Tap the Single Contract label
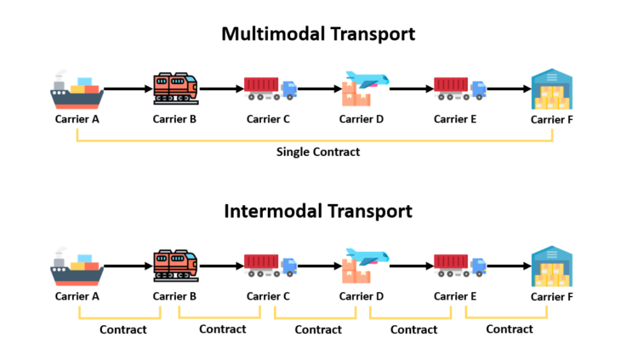[x=318, y=151]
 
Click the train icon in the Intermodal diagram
[x=175, y=265]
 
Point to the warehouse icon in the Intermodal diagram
[x=552, y=266]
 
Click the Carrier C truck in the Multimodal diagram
[x=270, y=89]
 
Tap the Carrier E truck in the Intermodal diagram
[x=459, y=265]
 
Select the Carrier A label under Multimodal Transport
[x=77, y=118]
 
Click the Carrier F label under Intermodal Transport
[x=552, y=296]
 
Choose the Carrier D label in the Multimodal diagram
[x=362, y=118]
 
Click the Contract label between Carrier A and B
[x=123, y=329]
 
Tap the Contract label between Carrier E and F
[x=510, y=329]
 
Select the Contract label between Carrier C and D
[x=318, y=329]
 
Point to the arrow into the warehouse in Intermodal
[x=508, y=265]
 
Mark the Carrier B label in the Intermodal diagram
[x=174, y=296]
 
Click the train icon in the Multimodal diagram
[x=175, y=88]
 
